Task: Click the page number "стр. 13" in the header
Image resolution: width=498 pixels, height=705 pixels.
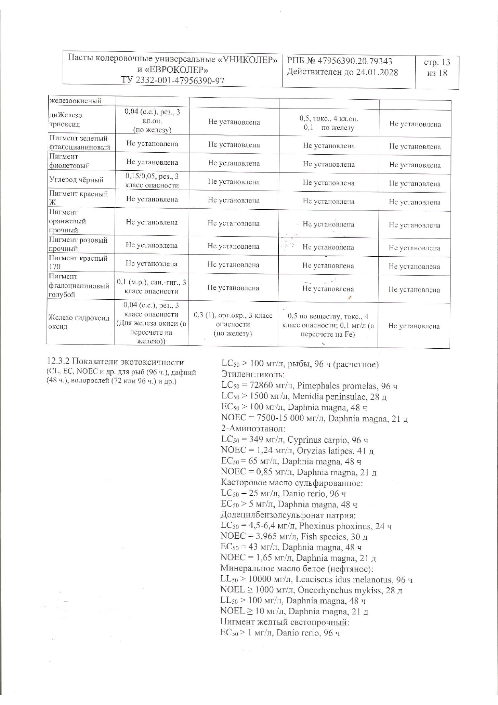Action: point(437,62)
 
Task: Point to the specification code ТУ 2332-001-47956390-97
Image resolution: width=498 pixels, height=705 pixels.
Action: point(173,80)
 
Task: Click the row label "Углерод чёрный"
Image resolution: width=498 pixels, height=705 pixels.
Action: point(76,180)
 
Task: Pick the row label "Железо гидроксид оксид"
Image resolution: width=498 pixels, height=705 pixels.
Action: point(79,322)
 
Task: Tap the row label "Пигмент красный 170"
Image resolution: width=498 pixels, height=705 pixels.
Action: point(78,262)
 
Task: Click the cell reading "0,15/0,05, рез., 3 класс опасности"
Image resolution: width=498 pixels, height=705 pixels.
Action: point(152,180)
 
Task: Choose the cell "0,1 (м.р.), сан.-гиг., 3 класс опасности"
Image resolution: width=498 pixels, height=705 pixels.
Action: point(151,287)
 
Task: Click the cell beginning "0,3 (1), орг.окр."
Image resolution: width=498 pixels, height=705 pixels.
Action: point(233,324)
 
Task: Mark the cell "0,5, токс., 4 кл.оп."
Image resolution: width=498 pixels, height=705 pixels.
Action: point(329,119)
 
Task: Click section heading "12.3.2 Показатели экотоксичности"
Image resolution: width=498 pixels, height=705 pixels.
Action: point(116,362)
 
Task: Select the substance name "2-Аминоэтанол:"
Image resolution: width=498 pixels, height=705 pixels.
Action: point(253,429)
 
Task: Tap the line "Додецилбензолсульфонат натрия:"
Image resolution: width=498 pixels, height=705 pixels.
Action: point(288,515)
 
